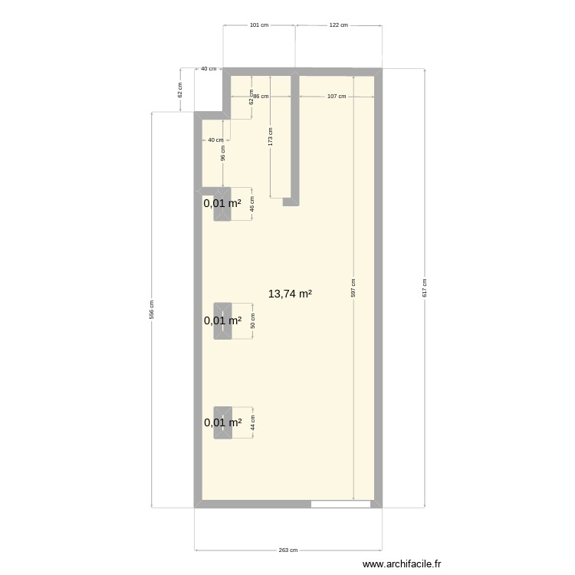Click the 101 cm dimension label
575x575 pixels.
tap(259, 25)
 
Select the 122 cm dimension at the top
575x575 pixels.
tap(338, 25)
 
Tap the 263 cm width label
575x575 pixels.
tap(288, 550)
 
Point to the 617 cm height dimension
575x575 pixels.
tap(425, 287)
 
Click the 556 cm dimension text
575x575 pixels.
tap(152, 309)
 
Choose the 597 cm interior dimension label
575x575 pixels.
tap(353, 287)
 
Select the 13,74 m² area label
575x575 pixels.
tap(290, 294)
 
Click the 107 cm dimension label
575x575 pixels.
tap(337, 97)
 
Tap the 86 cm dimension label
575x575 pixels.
tap(261, 97)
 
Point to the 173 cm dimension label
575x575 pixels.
tap(271, 136)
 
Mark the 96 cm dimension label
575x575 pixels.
tap(223, 153)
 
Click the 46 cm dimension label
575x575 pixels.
tap(252, 204)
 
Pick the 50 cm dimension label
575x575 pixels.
tap(253, 321)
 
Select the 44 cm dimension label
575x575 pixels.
tap(253, 422)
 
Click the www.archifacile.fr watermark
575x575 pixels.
tap(402, 563)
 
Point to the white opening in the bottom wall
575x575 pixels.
tap(340, 504)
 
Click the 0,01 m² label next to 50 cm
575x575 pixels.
tap(222, 321)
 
